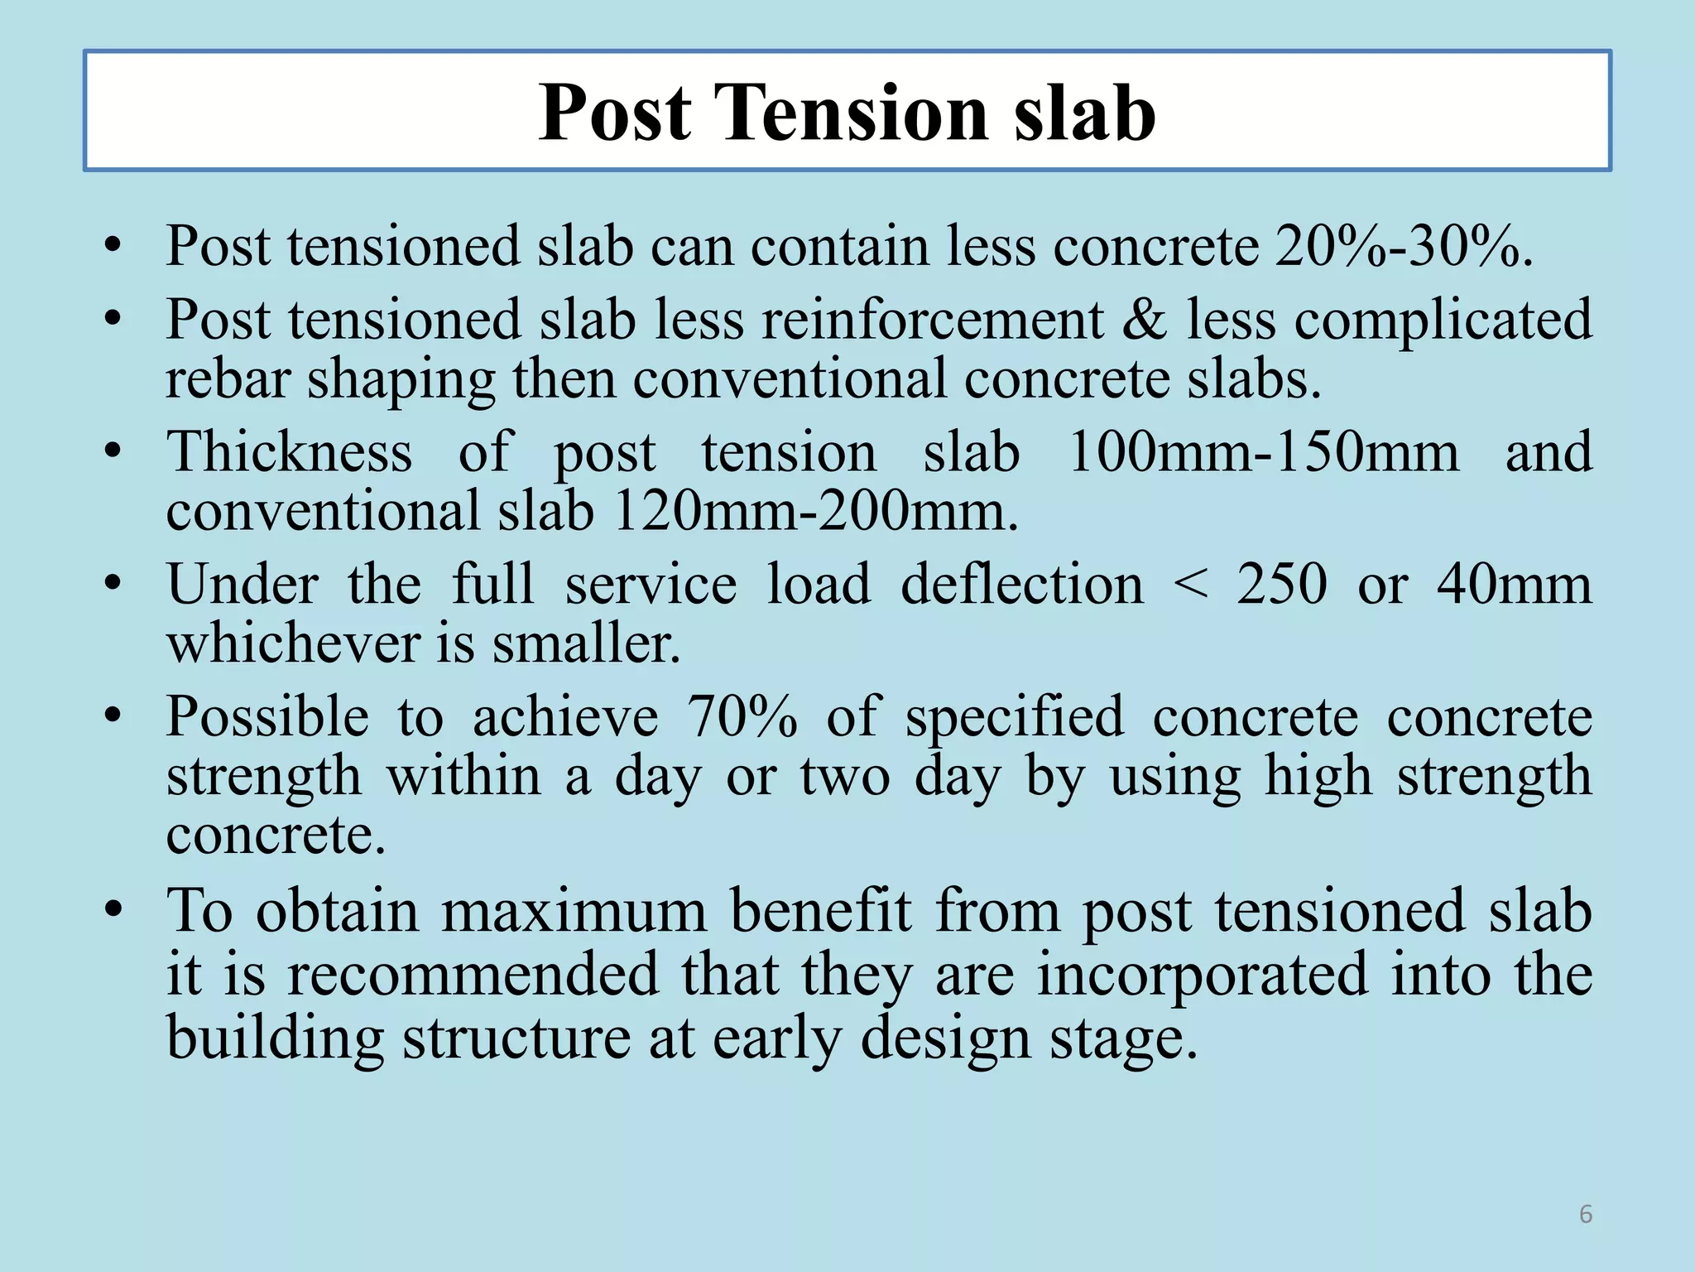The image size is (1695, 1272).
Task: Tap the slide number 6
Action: tap(1586, 1214)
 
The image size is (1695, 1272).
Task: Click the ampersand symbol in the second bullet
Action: tap(1145, 320)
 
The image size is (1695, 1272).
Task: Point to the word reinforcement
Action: tap(932, 320)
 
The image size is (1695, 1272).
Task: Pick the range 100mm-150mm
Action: tap(1263, 452)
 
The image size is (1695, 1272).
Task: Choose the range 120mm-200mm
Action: tap(815, 511)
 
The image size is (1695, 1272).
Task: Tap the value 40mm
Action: tap(1514, 585)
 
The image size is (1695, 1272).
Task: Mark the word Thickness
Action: tap(289, 452)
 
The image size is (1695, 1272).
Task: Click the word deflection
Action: tap(1021, 585)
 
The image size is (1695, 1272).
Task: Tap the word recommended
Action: tap(473, 975)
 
